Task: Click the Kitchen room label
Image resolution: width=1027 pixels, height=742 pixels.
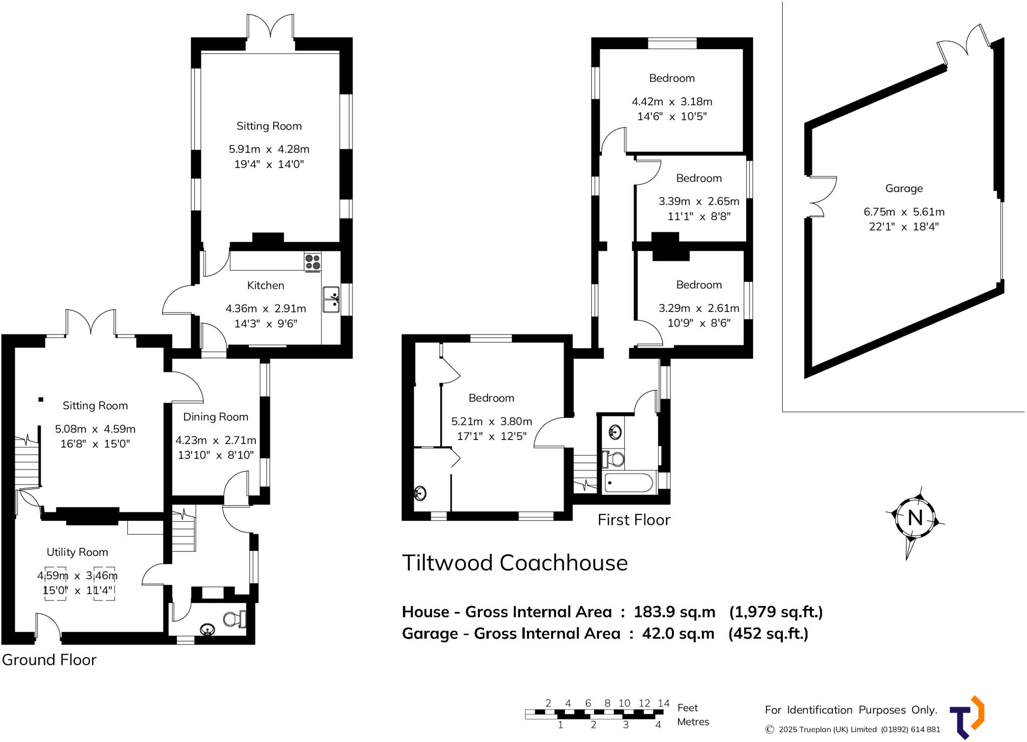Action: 265,285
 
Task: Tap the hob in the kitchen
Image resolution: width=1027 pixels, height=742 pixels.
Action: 312,262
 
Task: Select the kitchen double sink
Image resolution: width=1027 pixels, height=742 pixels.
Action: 331,300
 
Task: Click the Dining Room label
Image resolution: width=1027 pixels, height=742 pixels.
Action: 216,417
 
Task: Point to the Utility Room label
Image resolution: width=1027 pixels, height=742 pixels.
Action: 77,552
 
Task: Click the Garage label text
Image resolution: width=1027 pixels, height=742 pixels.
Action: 904,189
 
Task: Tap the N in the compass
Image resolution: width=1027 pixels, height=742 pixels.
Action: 915,517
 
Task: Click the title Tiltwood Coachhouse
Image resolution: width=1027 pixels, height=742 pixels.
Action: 515,563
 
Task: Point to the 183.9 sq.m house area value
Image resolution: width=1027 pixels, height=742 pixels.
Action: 674,612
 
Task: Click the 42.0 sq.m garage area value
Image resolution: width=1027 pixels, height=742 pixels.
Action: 678,634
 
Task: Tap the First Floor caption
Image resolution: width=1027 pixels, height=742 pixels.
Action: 634,520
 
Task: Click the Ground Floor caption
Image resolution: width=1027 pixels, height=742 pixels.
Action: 49,660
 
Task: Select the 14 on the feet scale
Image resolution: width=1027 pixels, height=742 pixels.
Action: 663,703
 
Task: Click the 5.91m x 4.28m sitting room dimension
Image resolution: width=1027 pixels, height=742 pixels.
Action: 269,149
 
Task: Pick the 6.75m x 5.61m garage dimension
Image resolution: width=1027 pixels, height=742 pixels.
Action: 904,212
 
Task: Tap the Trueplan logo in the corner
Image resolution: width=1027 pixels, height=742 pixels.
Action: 967,717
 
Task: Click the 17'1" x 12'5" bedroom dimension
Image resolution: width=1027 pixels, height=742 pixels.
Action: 491,436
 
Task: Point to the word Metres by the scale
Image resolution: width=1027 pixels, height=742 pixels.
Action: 693,722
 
